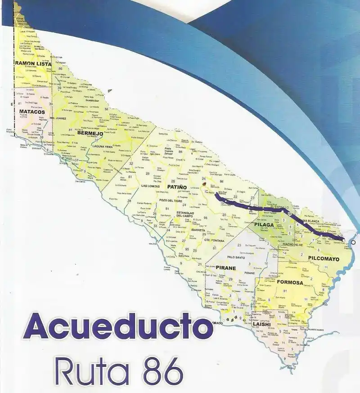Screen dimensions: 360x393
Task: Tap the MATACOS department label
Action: click(x=32, y=111)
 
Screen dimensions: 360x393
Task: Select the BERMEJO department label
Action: click(x=87, y=133)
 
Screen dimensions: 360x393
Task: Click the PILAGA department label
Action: click(x=264, y=224)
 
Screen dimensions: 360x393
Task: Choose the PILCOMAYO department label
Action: click(x=324, y=258)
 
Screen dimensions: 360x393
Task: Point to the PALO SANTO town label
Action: click(x=236, y=257)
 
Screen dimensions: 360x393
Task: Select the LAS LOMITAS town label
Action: click(x=150, y=186)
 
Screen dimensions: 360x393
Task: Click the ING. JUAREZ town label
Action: click(x=58, y=118)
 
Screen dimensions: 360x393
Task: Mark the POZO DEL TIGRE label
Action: click(x=169, y=200)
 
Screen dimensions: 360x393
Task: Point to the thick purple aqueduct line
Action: click(x=252, y=208)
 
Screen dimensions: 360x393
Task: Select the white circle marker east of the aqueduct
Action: click(x=354, y=243)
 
